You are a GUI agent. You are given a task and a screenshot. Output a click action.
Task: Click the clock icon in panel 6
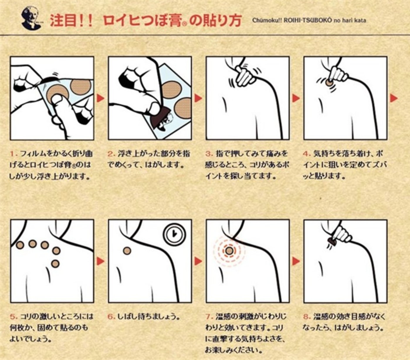coord(174,234)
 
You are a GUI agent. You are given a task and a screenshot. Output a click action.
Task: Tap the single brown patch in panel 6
coord(127,251)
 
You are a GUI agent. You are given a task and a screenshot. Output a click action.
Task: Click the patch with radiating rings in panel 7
coord(229,251)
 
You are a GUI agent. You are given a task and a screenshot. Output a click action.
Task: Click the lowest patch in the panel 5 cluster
coord(55,264)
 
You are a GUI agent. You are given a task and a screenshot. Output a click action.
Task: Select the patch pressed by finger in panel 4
coord(329,82)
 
